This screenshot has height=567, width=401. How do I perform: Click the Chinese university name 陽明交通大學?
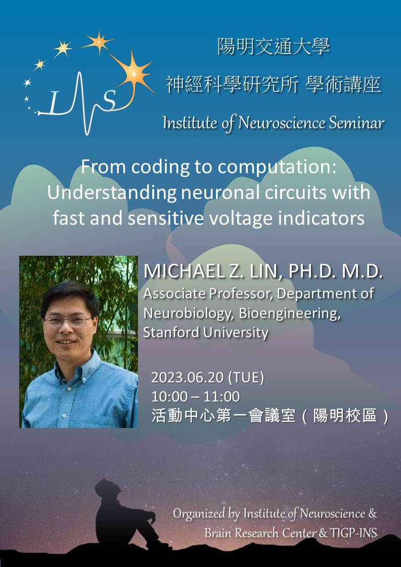(274, 48)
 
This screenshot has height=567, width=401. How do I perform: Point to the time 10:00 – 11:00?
(195, 397)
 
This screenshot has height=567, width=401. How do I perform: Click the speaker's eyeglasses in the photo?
(68, 321)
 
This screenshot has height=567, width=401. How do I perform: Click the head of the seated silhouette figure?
(105, 488)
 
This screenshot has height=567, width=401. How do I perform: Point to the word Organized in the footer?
(199, 513)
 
